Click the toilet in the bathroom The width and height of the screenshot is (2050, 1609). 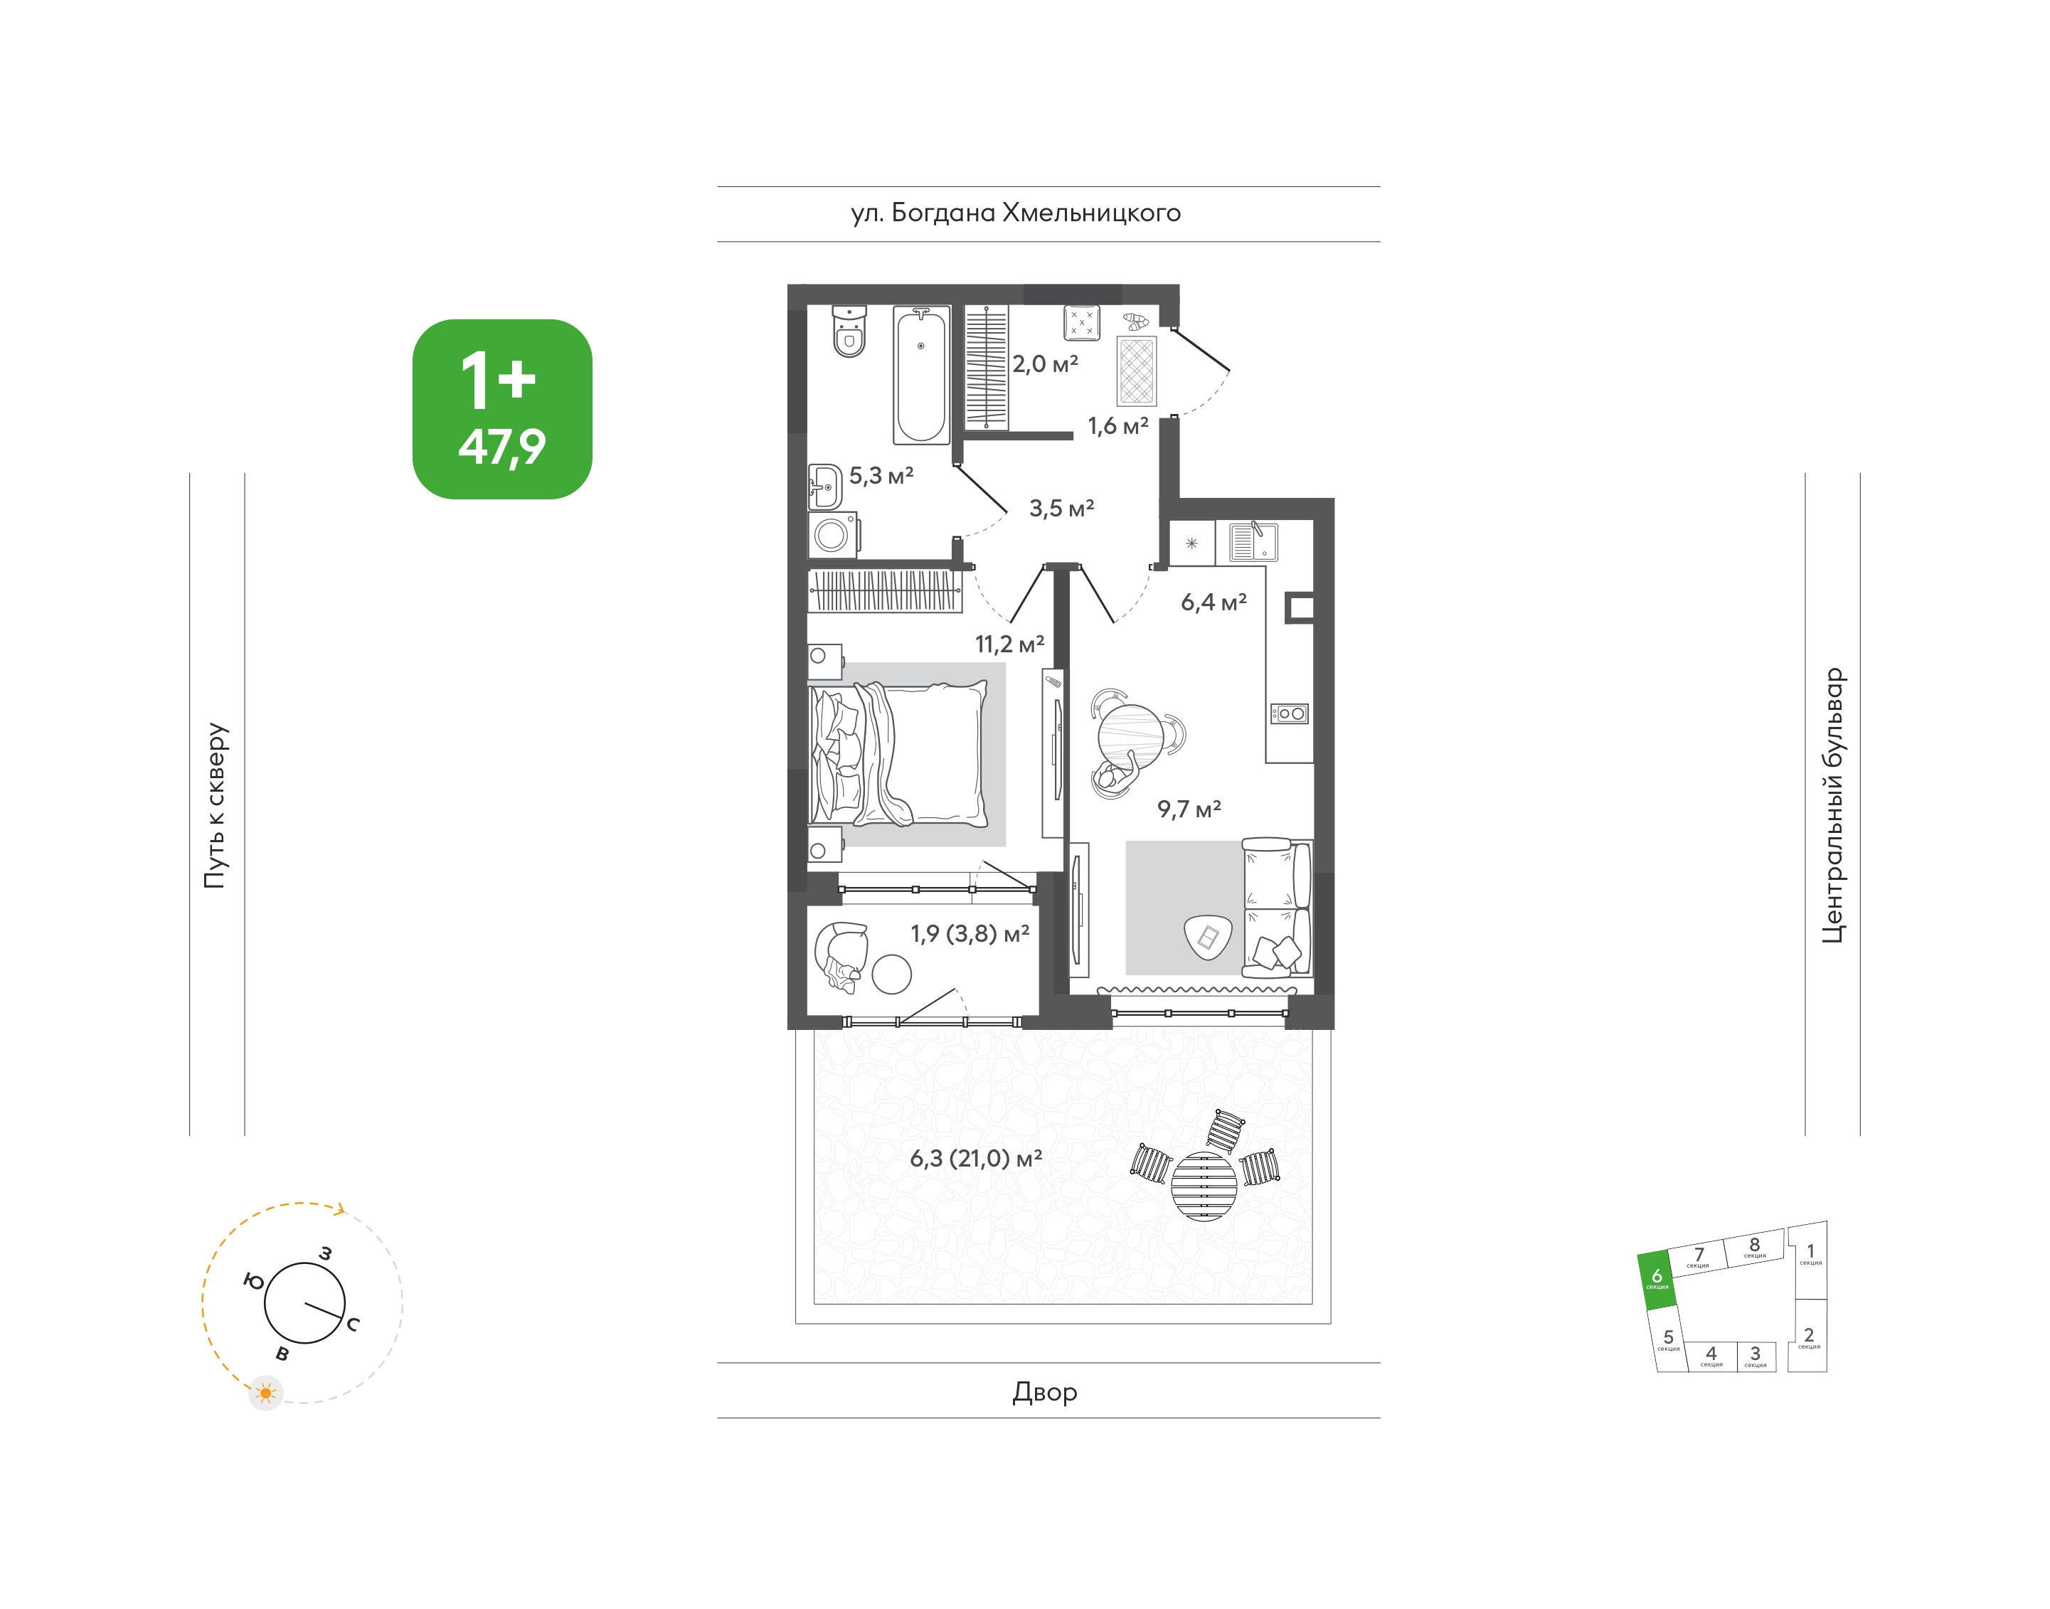(x=849, y=331)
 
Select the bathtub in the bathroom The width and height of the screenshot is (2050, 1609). (x=920, y=375)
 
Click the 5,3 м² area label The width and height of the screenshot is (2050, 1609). (x=881, y=476)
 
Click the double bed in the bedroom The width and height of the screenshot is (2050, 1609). (x=897, y=753)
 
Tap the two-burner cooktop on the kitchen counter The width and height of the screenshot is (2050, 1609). (x=1289, y=713)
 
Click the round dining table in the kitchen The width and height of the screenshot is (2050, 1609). (x=1130, y=738)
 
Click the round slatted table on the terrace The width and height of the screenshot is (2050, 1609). (x=1204, y=1186)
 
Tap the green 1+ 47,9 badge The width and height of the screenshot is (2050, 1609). (x=502, y=409)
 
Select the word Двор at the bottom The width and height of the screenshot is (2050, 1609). (x=1045, y=1391)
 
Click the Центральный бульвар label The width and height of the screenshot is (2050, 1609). (x=1832, y=805)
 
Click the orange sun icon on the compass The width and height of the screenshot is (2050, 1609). (x=265, y=1392)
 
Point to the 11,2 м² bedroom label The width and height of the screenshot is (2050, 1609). (x=1009, y=644)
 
